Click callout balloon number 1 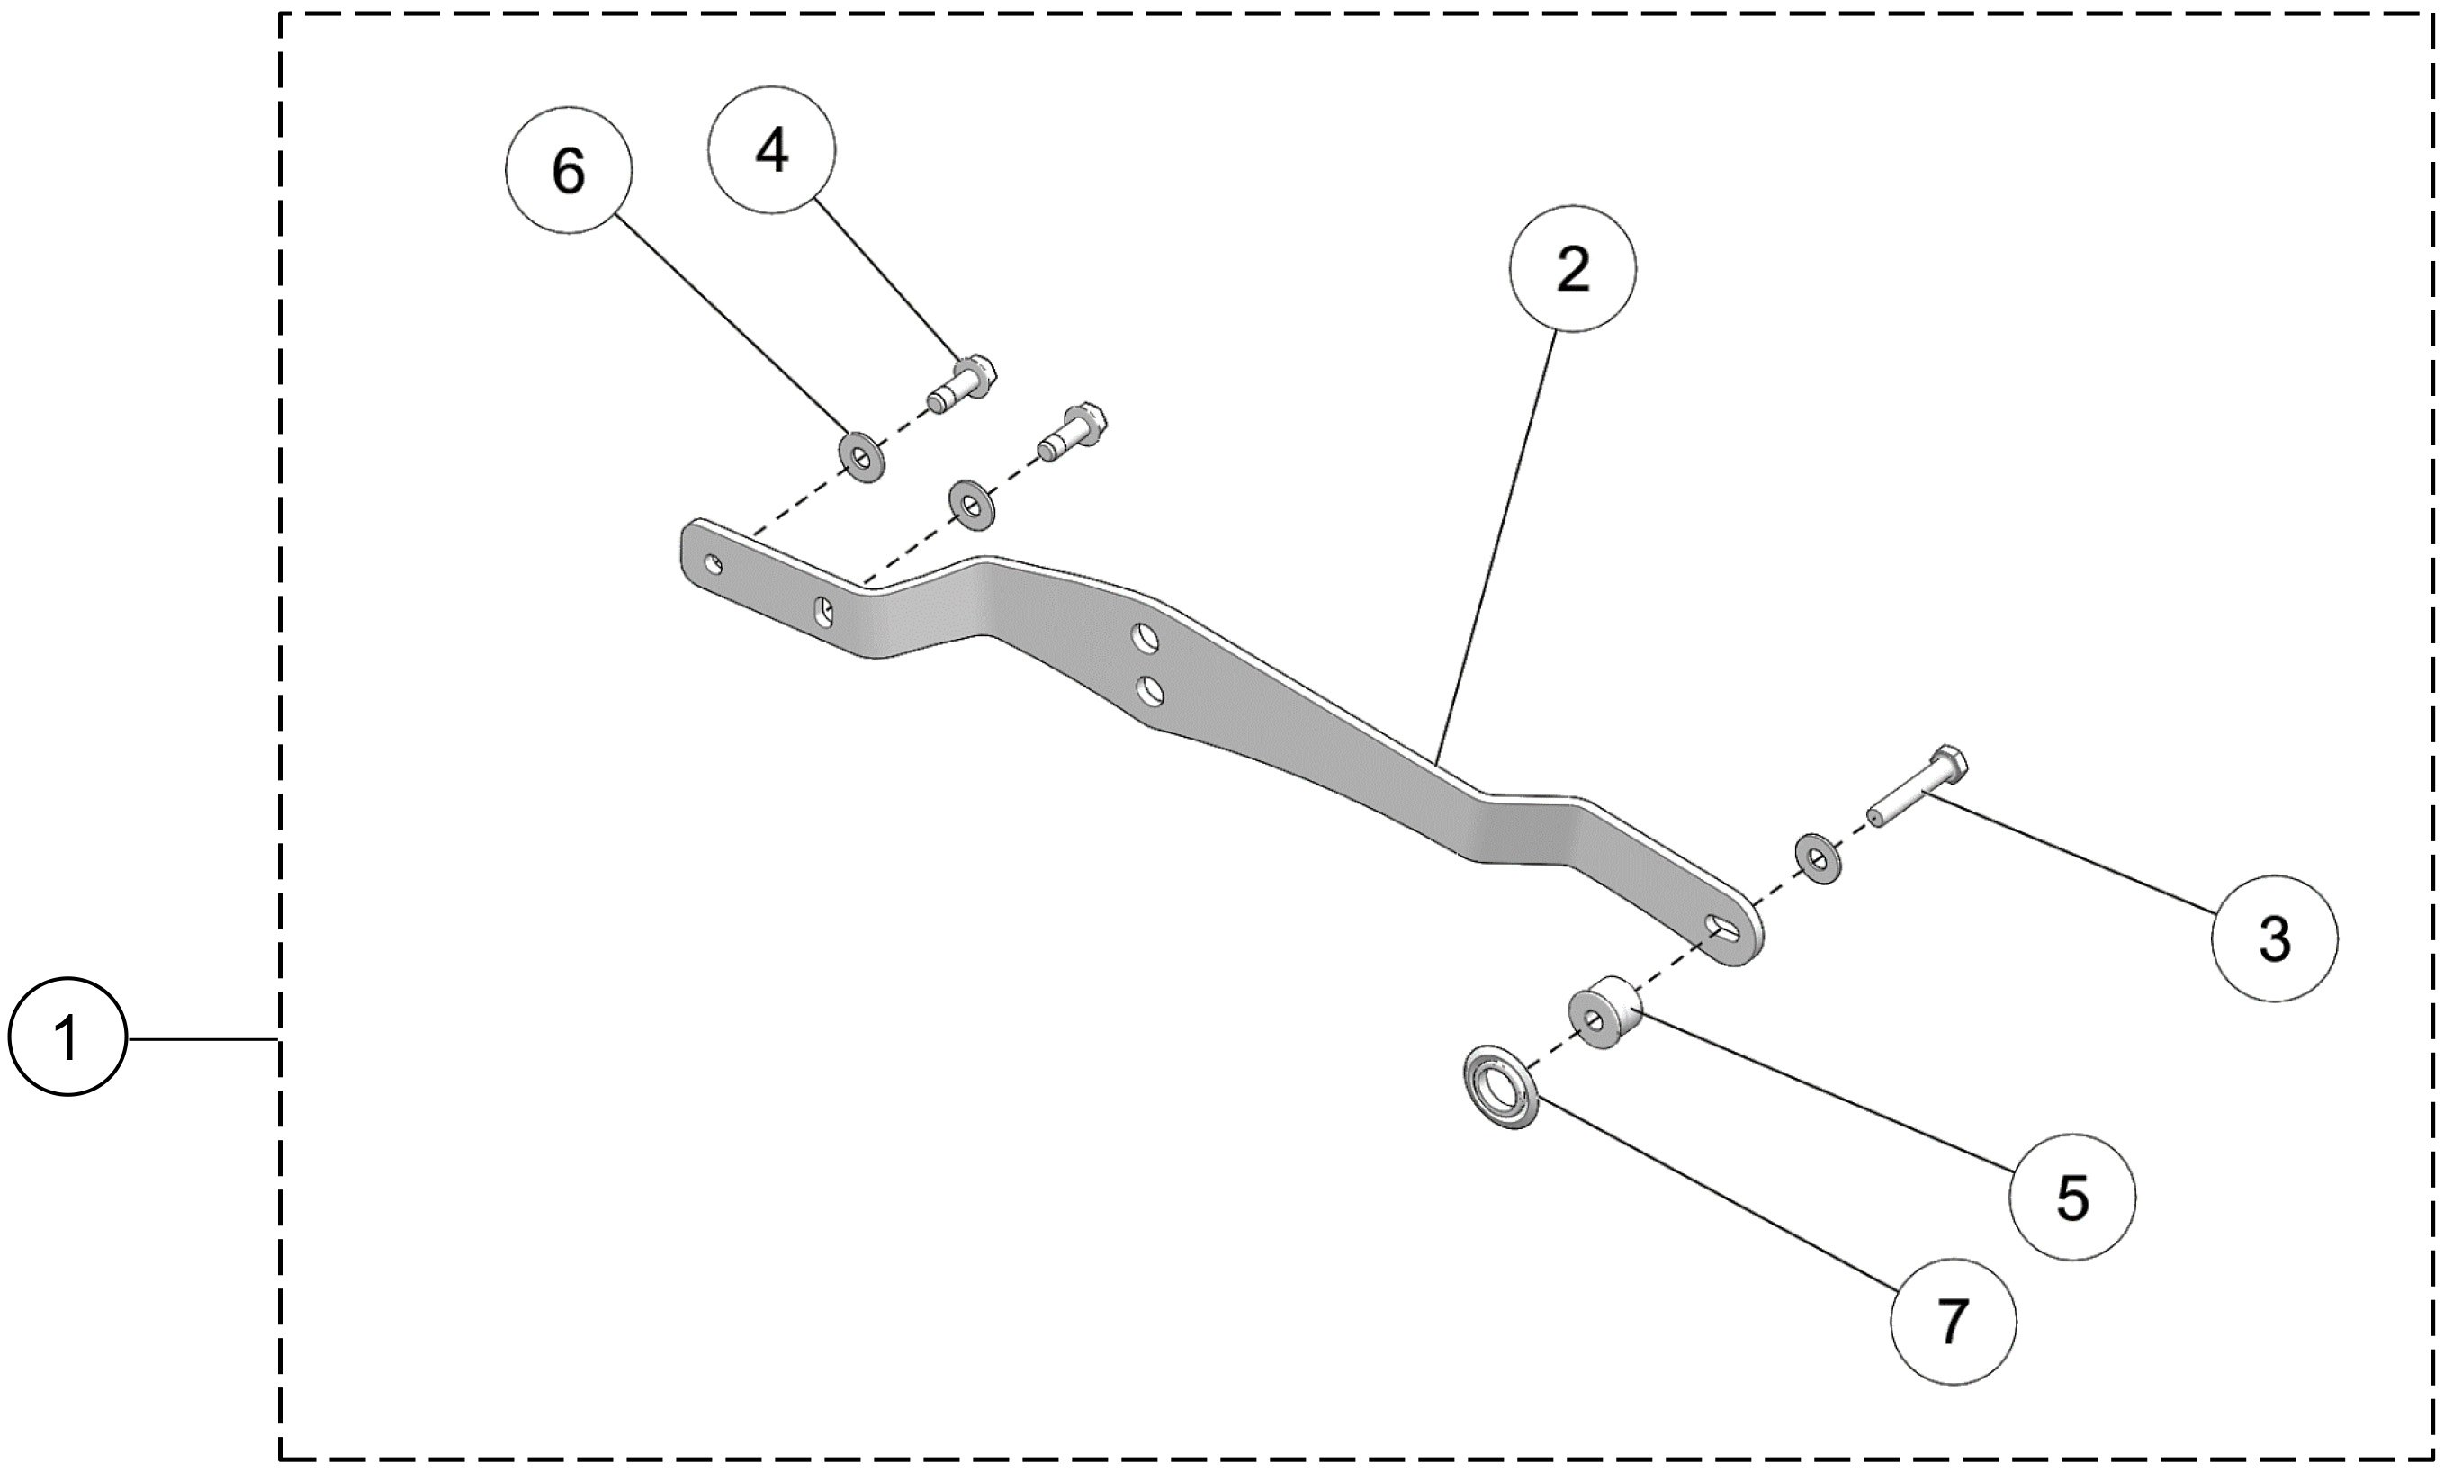click(x=67, y=1037)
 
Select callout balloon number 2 click(x=1572, y=269)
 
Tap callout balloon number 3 click(x=2273, y=938)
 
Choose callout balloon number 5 click(x=2071, y=1198)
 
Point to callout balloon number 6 click(x=569, y=171)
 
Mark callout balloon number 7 click(x=1952, y=1321)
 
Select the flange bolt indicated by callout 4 click(x=962, y=385)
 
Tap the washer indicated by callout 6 click(x=862, y=457)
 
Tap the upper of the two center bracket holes click(x=1146, y=638)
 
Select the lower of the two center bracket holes click(x=1151, y=690)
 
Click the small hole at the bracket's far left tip click(x=712, y=565)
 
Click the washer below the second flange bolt click(x=972, y=505)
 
